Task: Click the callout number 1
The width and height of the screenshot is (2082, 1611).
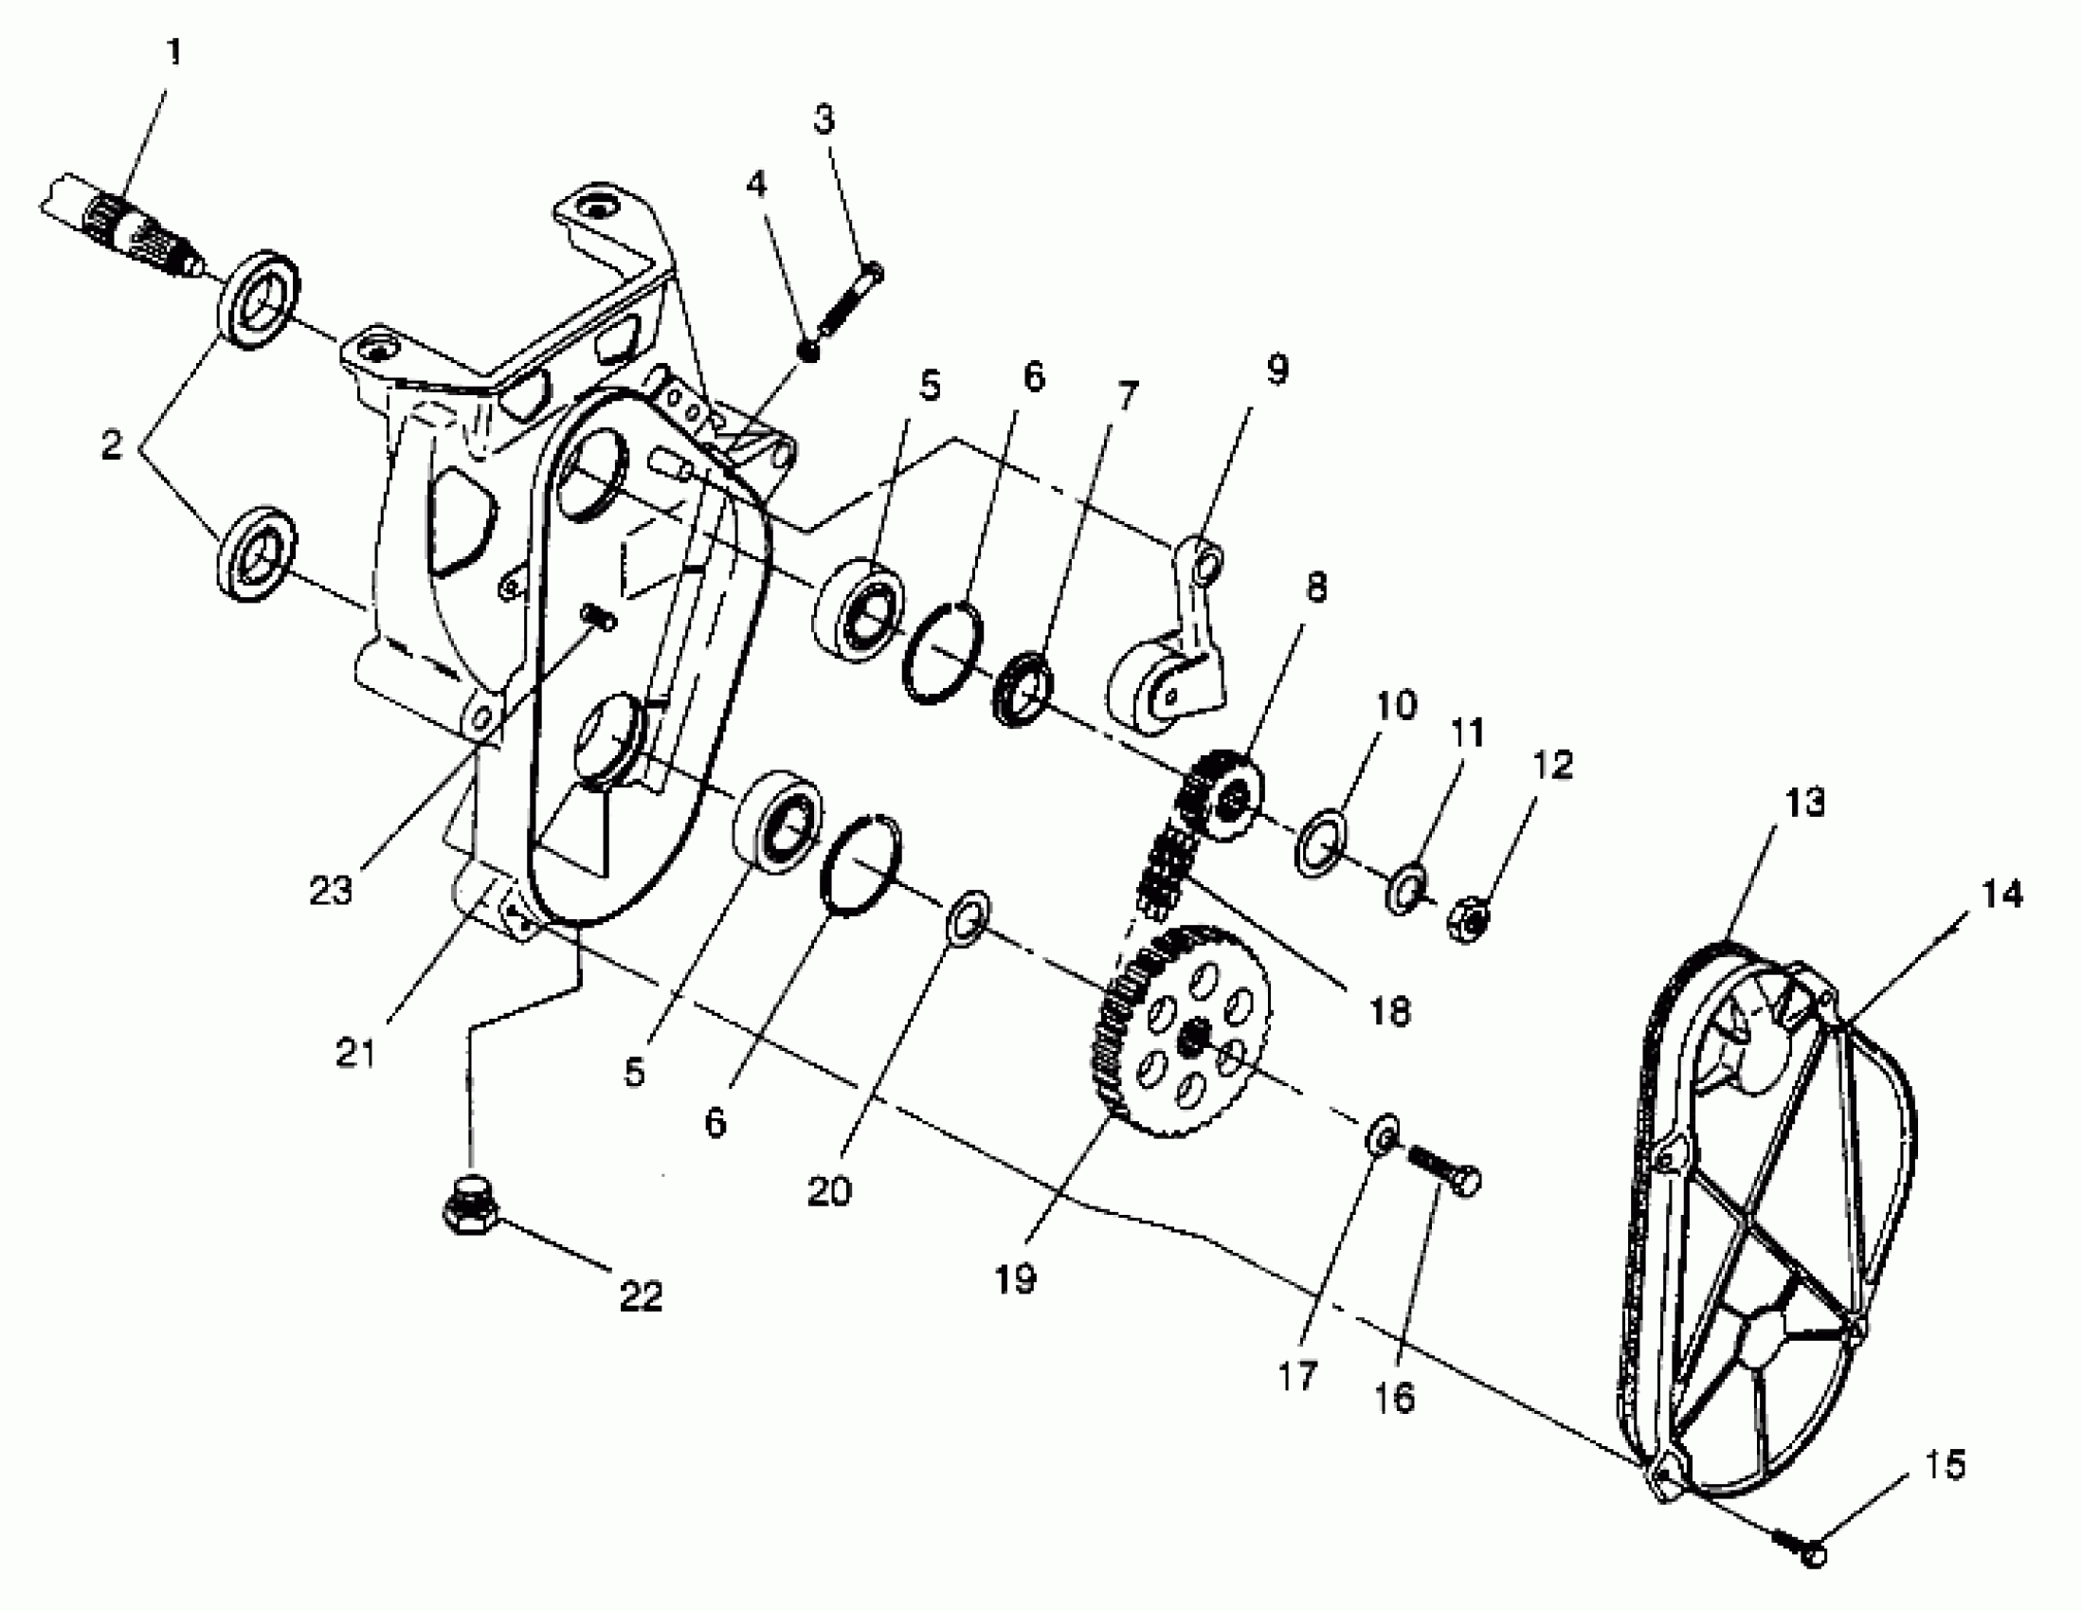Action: click(173, 53)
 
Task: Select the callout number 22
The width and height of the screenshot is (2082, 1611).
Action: click(641, 1294)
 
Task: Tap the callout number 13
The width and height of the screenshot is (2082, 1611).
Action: click(1804, 803)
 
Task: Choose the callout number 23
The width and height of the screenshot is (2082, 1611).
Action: click(331, 891)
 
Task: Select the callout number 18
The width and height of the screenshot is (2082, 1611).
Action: click(1390, 1011)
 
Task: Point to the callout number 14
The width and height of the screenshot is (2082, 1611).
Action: click(2001, 895)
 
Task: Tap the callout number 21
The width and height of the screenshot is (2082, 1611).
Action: click(356, 1053)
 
